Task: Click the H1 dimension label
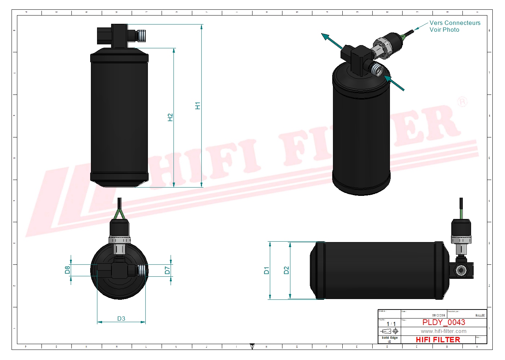(x=198, y=106)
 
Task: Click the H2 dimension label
(x=170, y=117)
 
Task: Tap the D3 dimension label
(x=121, y=319)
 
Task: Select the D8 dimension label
(x=67, y=270)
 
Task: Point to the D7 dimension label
(x=167, y=270)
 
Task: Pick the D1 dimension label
(x=267, y=270)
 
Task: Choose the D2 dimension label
(x=286, y=270)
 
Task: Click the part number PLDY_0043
(x=444, y=322)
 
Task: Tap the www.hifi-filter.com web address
(x=443, y=331)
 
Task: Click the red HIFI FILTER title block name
(x=438, y=340)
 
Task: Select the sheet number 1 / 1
(x=391, y=324)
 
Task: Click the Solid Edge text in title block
(x=390, y=338)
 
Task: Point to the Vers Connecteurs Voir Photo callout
(x=454, y=26)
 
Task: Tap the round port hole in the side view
(x=461, y=270)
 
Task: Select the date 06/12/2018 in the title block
(x=439, y=315)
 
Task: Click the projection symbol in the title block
(x=390, y=331)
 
